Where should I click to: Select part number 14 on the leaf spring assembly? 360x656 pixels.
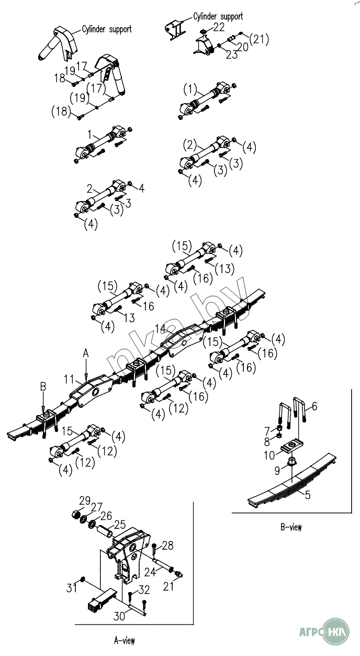click(x=160, y=329)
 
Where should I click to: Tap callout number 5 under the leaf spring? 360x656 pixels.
click(x=307, y=494)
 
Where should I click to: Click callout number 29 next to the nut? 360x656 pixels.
click(x=85, y=499)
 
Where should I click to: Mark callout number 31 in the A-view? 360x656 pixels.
click(x=71, y=587)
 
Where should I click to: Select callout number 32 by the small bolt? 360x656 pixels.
click(x=144, y=590)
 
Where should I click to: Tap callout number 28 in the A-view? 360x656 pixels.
click(x=167, y=546)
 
